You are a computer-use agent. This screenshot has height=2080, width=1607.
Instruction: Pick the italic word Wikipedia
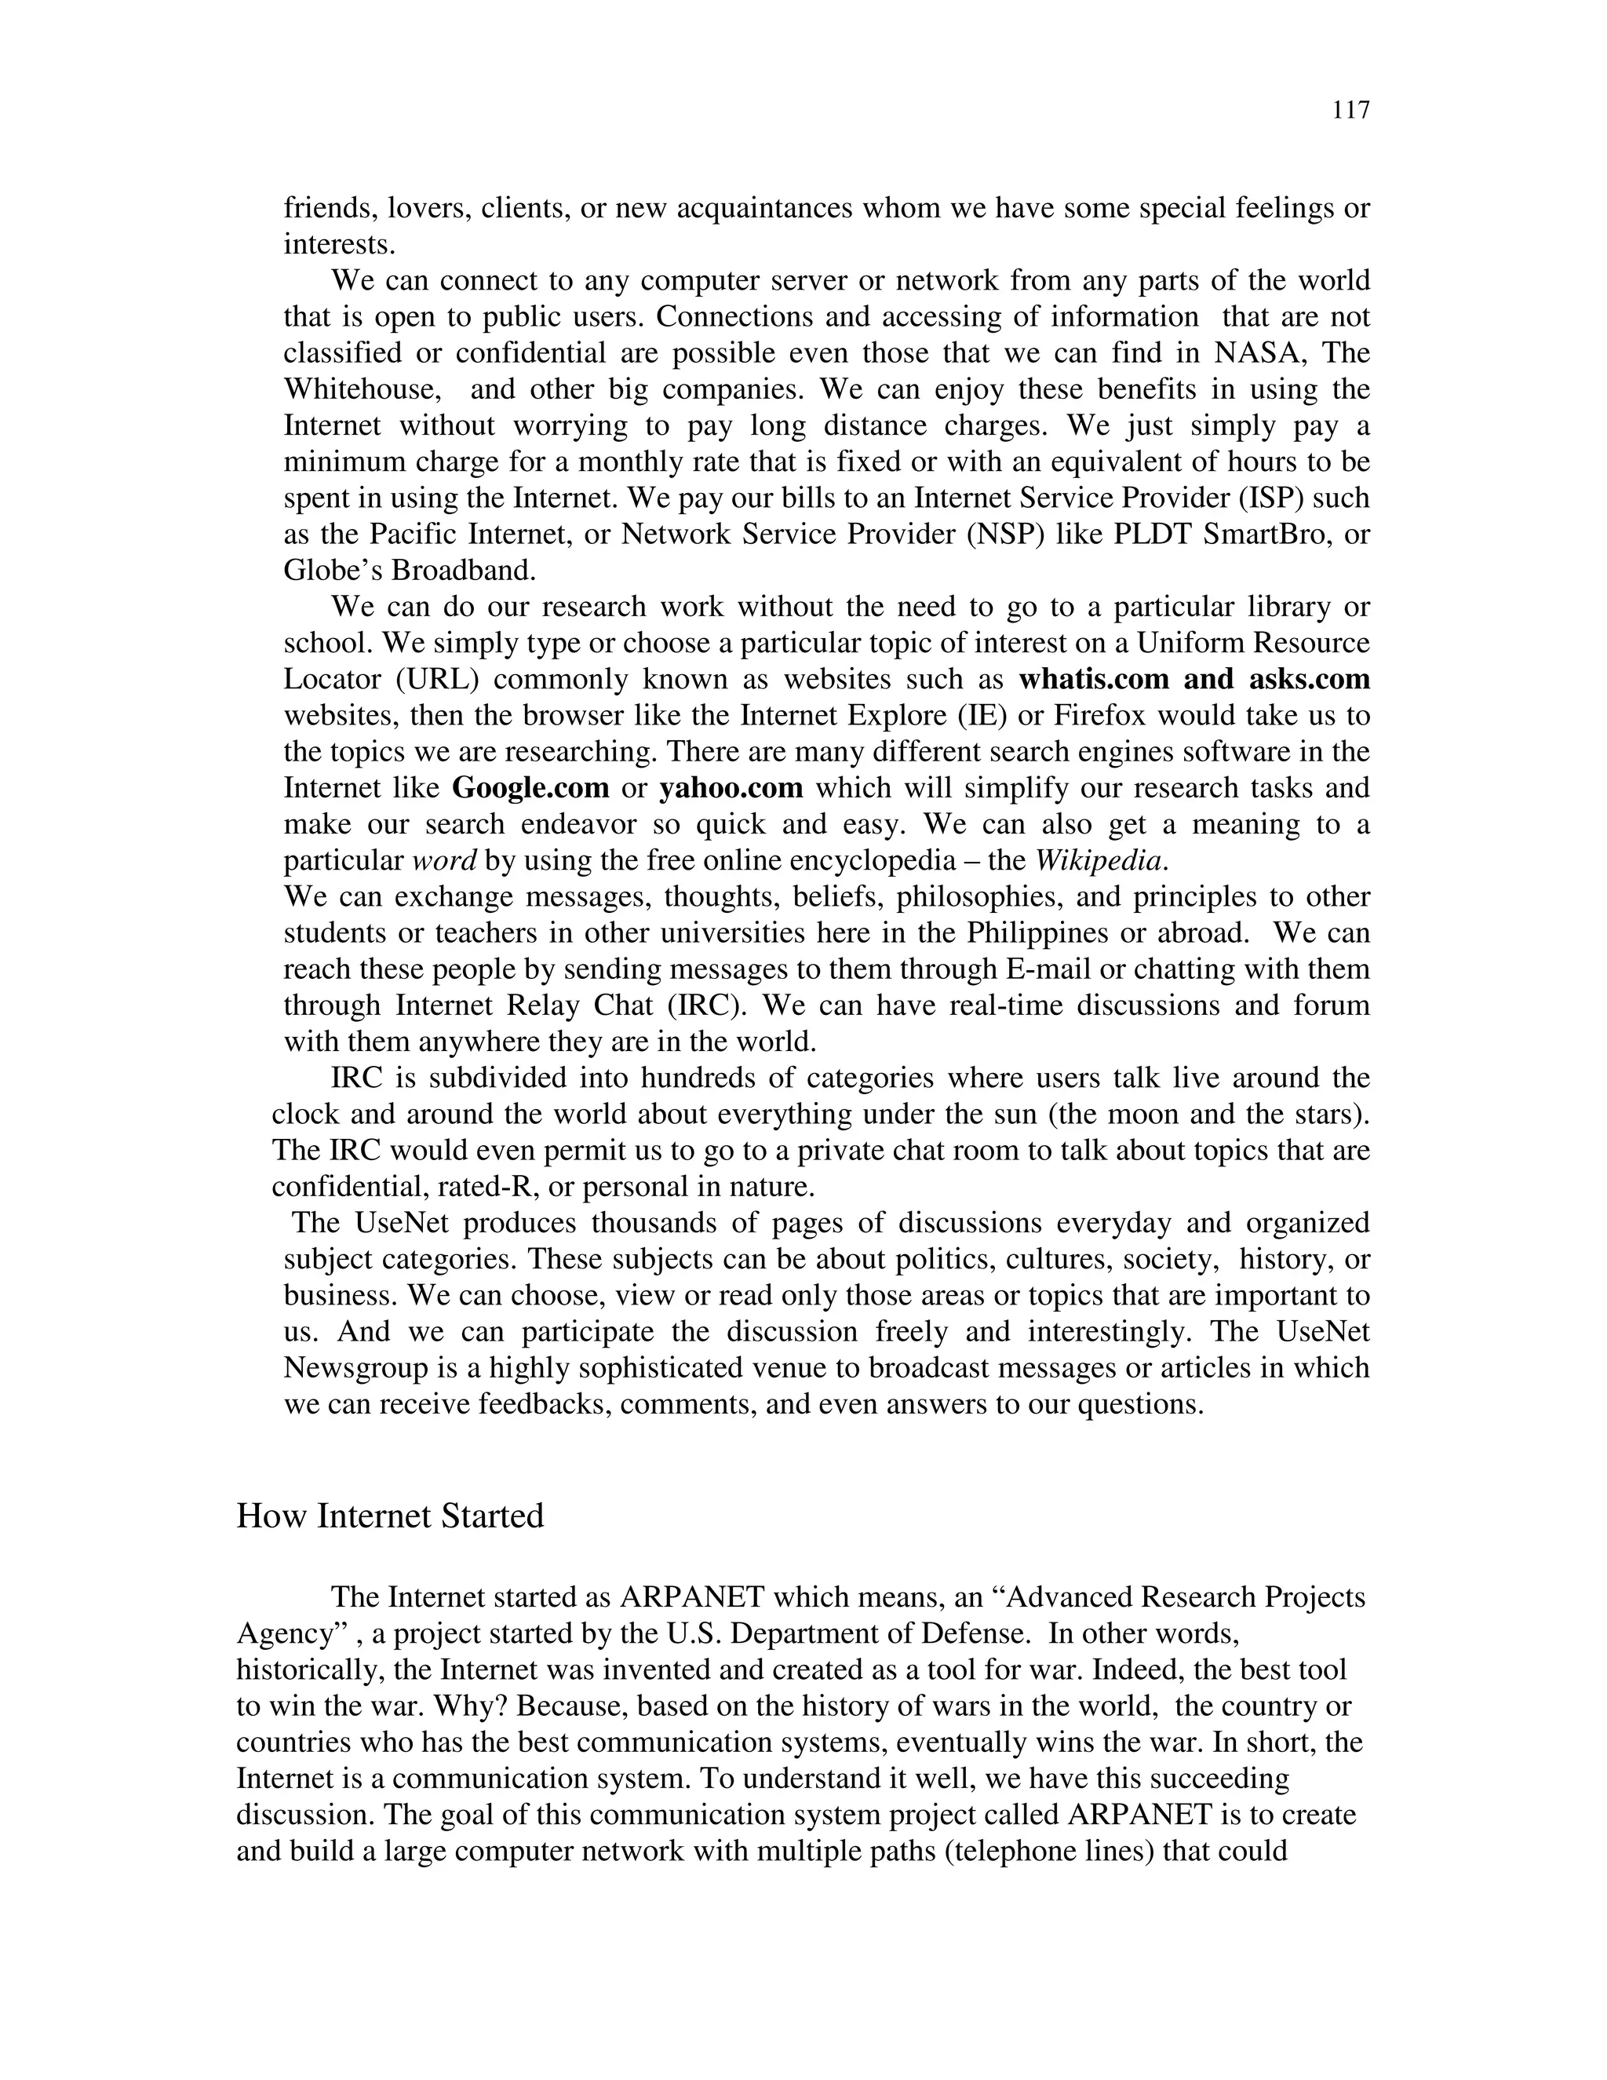point(1099,861)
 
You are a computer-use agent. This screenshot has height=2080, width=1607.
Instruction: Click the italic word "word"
point(445,861)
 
